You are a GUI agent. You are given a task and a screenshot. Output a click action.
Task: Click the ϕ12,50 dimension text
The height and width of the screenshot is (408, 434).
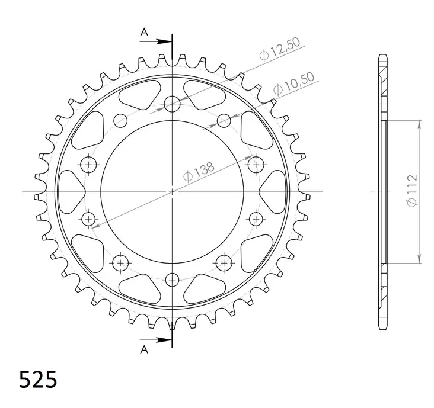(280, 49)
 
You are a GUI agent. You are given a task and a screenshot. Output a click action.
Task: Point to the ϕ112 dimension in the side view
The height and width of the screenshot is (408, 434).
(413, 191)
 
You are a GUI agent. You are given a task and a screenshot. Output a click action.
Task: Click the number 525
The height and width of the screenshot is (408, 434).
(39, 380)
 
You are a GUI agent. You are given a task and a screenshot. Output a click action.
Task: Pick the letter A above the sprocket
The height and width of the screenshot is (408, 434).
(143, 33)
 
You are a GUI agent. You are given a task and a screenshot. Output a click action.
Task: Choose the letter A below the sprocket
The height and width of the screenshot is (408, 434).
(143, 349)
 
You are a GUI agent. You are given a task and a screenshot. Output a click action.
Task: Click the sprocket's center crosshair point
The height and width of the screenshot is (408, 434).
(173, 192)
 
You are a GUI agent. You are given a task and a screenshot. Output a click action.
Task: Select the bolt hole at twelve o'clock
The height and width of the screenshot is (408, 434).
(173, 105)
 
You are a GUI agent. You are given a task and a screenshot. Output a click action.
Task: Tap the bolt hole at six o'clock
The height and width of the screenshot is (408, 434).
(173, 279)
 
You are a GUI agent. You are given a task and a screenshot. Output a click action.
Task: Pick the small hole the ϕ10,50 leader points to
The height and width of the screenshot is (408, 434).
(224, 121)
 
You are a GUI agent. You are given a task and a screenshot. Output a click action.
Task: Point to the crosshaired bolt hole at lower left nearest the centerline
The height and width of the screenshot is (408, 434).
(90, 220)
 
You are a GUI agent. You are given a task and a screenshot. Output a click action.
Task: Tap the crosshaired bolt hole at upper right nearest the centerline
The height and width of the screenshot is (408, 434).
(256, 163)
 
